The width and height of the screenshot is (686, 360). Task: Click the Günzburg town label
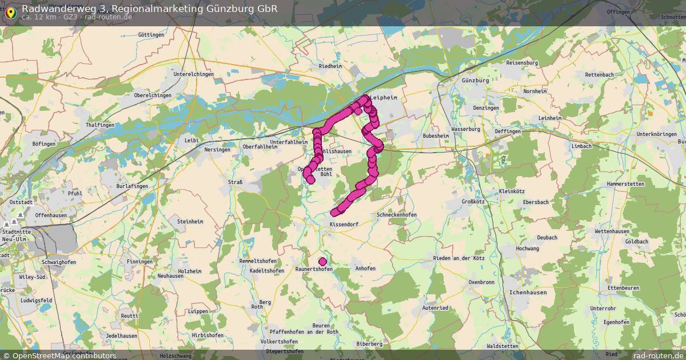pyautogui.click(x=475, y=81)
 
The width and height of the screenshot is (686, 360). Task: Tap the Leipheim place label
pyautogui.click(x=384, y=98)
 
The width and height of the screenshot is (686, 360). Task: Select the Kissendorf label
pyautogui.click(x=344, y=225)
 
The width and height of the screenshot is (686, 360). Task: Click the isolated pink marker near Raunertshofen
pyautogui.click(x=322, y=262)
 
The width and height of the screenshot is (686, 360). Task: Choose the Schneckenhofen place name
pyautogui.click(x=397, y=215)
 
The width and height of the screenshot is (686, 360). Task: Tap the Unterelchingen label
pyautogui.click(x=194, y=74)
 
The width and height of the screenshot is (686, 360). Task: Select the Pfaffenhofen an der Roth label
pyautogui.click(x=304, y=332)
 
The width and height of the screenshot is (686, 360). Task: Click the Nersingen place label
pyautogui.click(x=217, y=150)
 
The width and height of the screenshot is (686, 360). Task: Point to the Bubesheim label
pyautogui.click(x=436, y=136)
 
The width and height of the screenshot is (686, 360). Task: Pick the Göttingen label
pyautogui.click(x=151, y=35)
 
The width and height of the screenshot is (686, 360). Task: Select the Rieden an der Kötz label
pyautogui.click(x=458, y=258)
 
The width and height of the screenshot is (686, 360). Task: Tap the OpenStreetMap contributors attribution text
pyautogui.click(x=64, y=355)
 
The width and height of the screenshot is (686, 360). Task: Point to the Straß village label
pyautogui.click(x=235, y=182)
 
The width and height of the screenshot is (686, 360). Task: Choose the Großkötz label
pyautogui.click(x=474, y=202)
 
